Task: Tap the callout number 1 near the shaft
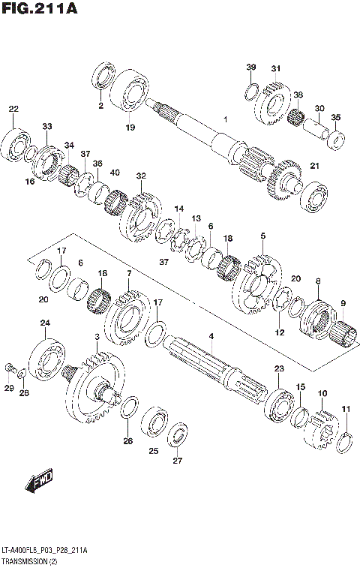click(224, 119)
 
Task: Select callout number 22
click(13, 110)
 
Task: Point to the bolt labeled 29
click(10, 368)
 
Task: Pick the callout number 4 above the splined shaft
click(211, 336)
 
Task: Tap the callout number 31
click(275, 69)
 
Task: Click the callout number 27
click(178, 461)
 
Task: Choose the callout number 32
click(140, 176)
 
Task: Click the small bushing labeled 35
click(338, 139)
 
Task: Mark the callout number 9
click(343, 303)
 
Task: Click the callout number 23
click(279, 369)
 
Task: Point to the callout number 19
click(130, 128)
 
